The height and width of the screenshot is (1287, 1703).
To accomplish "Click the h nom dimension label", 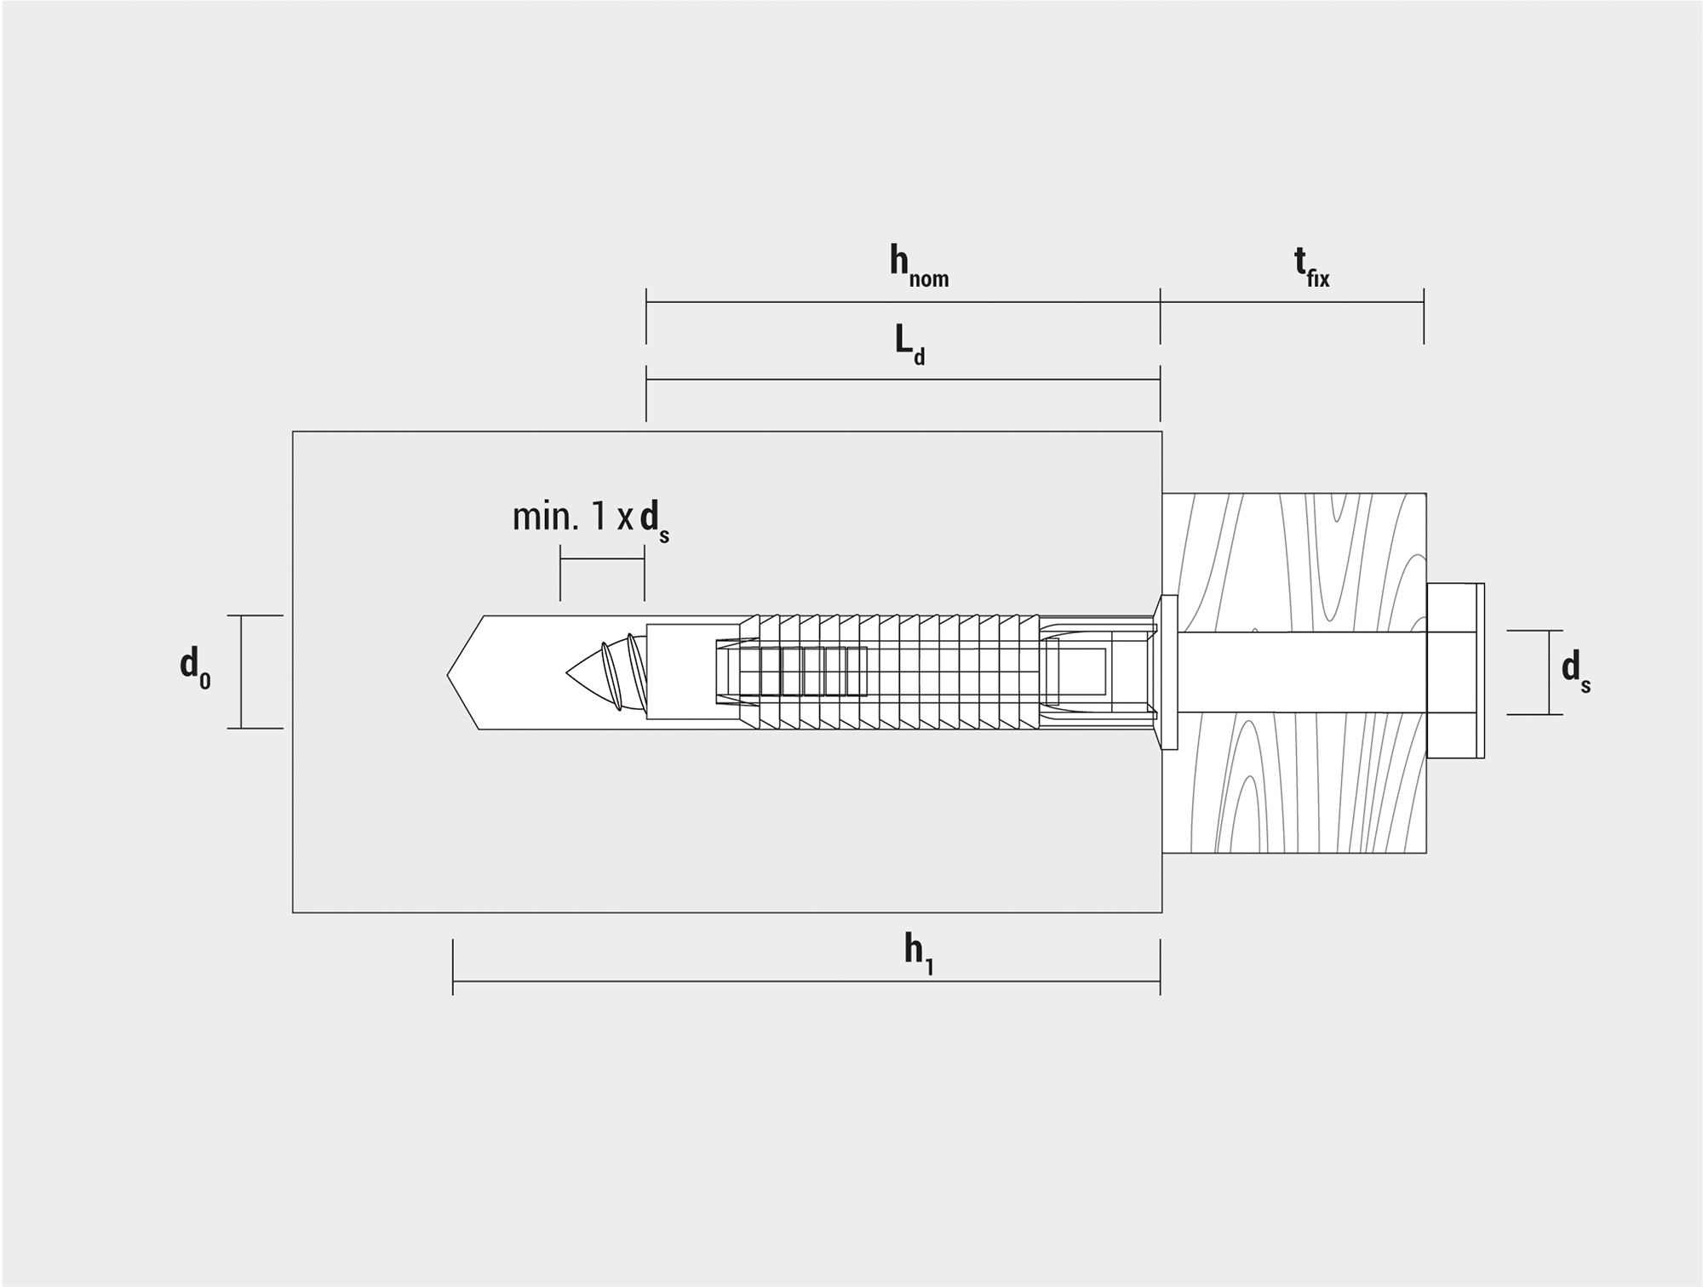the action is pos(919,266).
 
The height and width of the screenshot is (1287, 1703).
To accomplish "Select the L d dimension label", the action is pos(909,346).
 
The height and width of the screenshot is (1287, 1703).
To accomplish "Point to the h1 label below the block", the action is pos(919,953).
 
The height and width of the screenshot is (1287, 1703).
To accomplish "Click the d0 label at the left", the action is pos(195,666).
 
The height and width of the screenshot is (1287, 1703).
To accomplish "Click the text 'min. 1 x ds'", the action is pos(590,520).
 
